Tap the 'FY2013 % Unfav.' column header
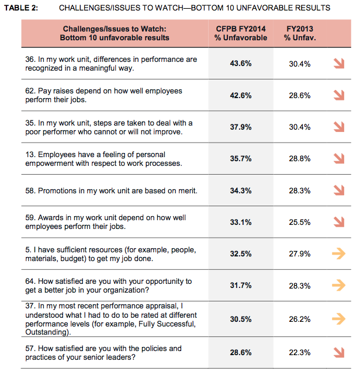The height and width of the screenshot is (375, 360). (298, 33)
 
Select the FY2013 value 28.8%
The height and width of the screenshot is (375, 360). (300, 158)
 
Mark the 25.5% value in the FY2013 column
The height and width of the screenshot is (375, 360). (300, 221)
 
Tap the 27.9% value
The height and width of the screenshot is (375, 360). (300, 254)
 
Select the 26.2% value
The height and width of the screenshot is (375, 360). (300, 319)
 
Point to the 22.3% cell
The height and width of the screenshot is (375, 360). (300, 353)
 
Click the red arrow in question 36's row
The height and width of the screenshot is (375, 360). (338, 64)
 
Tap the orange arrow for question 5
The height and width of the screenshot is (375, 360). (338, 254)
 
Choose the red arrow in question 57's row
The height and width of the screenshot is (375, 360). (338, 352)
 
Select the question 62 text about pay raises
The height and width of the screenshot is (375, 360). (103, 95)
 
